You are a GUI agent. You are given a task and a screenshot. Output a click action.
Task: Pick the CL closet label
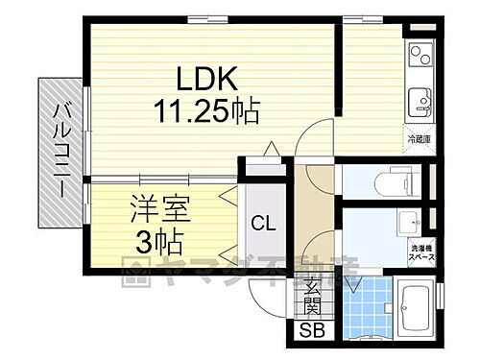click(262, 224)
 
